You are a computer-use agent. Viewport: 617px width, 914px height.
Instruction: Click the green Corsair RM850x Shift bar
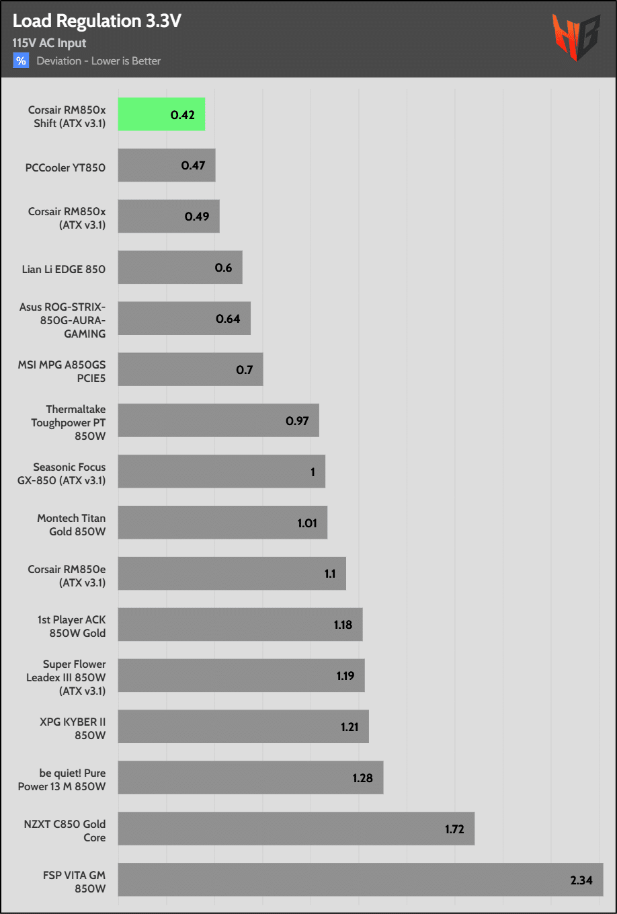coord(161,114)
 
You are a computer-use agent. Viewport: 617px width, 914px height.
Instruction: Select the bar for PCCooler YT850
coord(167,165)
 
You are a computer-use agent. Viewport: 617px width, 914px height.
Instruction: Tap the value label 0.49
coord(197,217)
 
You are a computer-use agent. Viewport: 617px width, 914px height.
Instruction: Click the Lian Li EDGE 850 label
coord(64,269)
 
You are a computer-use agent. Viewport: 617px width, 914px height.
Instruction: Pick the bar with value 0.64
coord(184,319)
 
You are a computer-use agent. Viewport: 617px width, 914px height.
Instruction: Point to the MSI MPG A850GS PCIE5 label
coord(62,371)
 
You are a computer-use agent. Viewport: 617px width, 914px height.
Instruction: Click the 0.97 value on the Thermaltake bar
coord(297,421)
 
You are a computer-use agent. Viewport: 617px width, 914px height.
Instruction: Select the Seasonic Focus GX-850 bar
coord(222,471)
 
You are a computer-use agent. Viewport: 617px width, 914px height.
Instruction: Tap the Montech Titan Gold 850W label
coord(71,525)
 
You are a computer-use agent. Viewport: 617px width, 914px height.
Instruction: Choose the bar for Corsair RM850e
coord(232,574)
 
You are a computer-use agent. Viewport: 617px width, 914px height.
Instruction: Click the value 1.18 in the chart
coord(343,625)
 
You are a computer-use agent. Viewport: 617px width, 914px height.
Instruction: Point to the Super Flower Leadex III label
coord(66,677)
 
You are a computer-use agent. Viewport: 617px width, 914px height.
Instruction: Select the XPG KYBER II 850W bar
coord(243,727)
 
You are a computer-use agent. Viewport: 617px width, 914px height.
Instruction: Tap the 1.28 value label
coord(362,778)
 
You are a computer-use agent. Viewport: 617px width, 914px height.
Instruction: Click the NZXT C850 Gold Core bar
coord(296,829)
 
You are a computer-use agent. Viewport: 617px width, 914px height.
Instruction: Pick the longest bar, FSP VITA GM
coord(360,880)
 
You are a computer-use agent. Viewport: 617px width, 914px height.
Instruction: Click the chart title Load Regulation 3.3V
coord(97,21)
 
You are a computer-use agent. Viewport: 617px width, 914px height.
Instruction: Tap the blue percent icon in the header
coord(21,61)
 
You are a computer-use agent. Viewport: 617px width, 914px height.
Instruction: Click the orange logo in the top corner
coord(575,38)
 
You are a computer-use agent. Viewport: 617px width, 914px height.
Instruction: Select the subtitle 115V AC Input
coord(49,43)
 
